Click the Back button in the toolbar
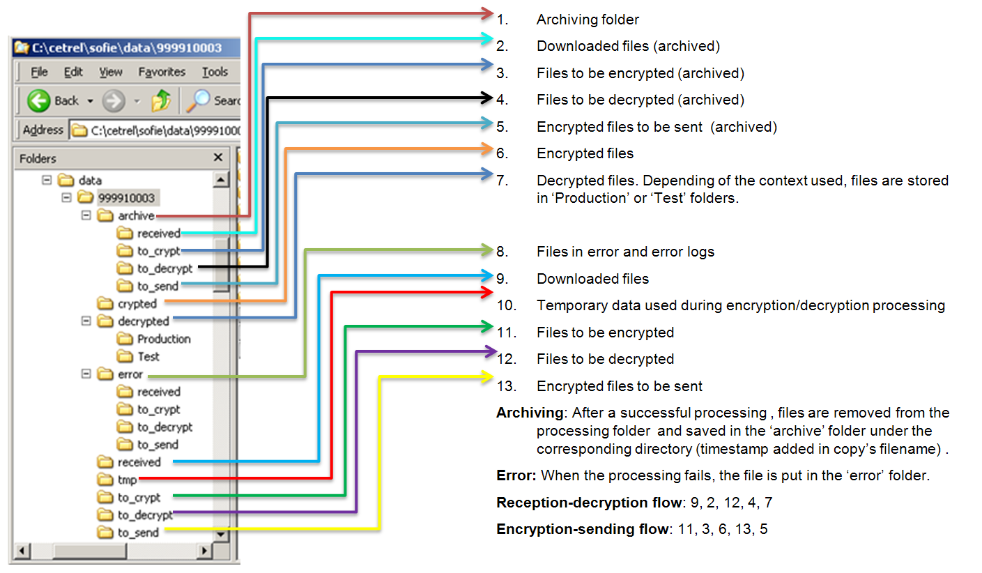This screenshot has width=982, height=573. pos(53,101)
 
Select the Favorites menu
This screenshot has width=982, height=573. pos(162,72)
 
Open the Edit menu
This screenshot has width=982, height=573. pos(73,72)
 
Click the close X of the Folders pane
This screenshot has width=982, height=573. pos(218,158)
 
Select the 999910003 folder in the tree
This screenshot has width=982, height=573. pos(126,198)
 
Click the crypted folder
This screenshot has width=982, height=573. pos(137,304)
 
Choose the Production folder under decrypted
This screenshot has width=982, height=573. pos(163,339)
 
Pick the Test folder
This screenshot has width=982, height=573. pos(148,356)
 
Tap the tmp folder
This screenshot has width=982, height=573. pos(127,480)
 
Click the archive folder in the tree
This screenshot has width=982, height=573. pos(135,216)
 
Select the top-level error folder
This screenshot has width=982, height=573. pos(130,374)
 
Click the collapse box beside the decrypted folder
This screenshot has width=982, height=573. pos(86,321)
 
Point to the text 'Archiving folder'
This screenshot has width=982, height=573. pos(588,20)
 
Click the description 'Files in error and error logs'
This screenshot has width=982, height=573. pos(625,252)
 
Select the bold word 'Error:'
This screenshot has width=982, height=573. pos(516,476)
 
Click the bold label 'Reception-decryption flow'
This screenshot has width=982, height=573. pos(582,503)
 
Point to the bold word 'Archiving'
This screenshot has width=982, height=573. pos(529,413)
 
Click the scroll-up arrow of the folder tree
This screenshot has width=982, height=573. pos(221,180)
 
